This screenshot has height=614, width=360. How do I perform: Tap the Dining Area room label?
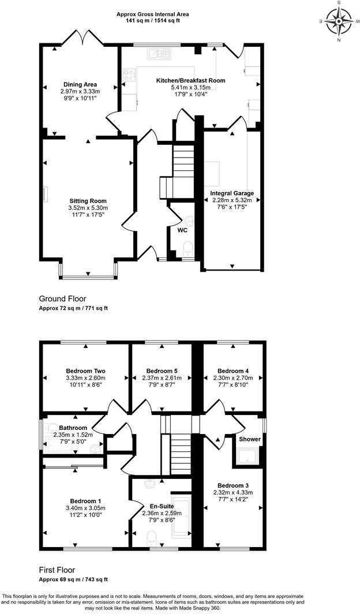(x=80, y=84)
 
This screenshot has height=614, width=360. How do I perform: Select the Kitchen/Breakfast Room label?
(x=190, y=80)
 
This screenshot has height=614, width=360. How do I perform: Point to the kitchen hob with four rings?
(x=129, y=74)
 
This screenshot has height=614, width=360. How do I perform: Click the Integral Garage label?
(x=232, y=193)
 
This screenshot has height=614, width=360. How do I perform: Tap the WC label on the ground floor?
(x=182, y=230)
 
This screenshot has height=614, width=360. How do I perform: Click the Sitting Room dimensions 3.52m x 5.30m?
(x=88, y=208)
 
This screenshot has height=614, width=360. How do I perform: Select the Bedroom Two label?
(x=85, y=370)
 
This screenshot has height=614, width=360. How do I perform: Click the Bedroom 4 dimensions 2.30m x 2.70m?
(x=234, y=378)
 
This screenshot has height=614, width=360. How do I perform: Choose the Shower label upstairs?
(x=250, y=439)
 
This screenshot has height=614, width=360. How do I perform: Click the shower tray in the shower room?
(x=247, y=456)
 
